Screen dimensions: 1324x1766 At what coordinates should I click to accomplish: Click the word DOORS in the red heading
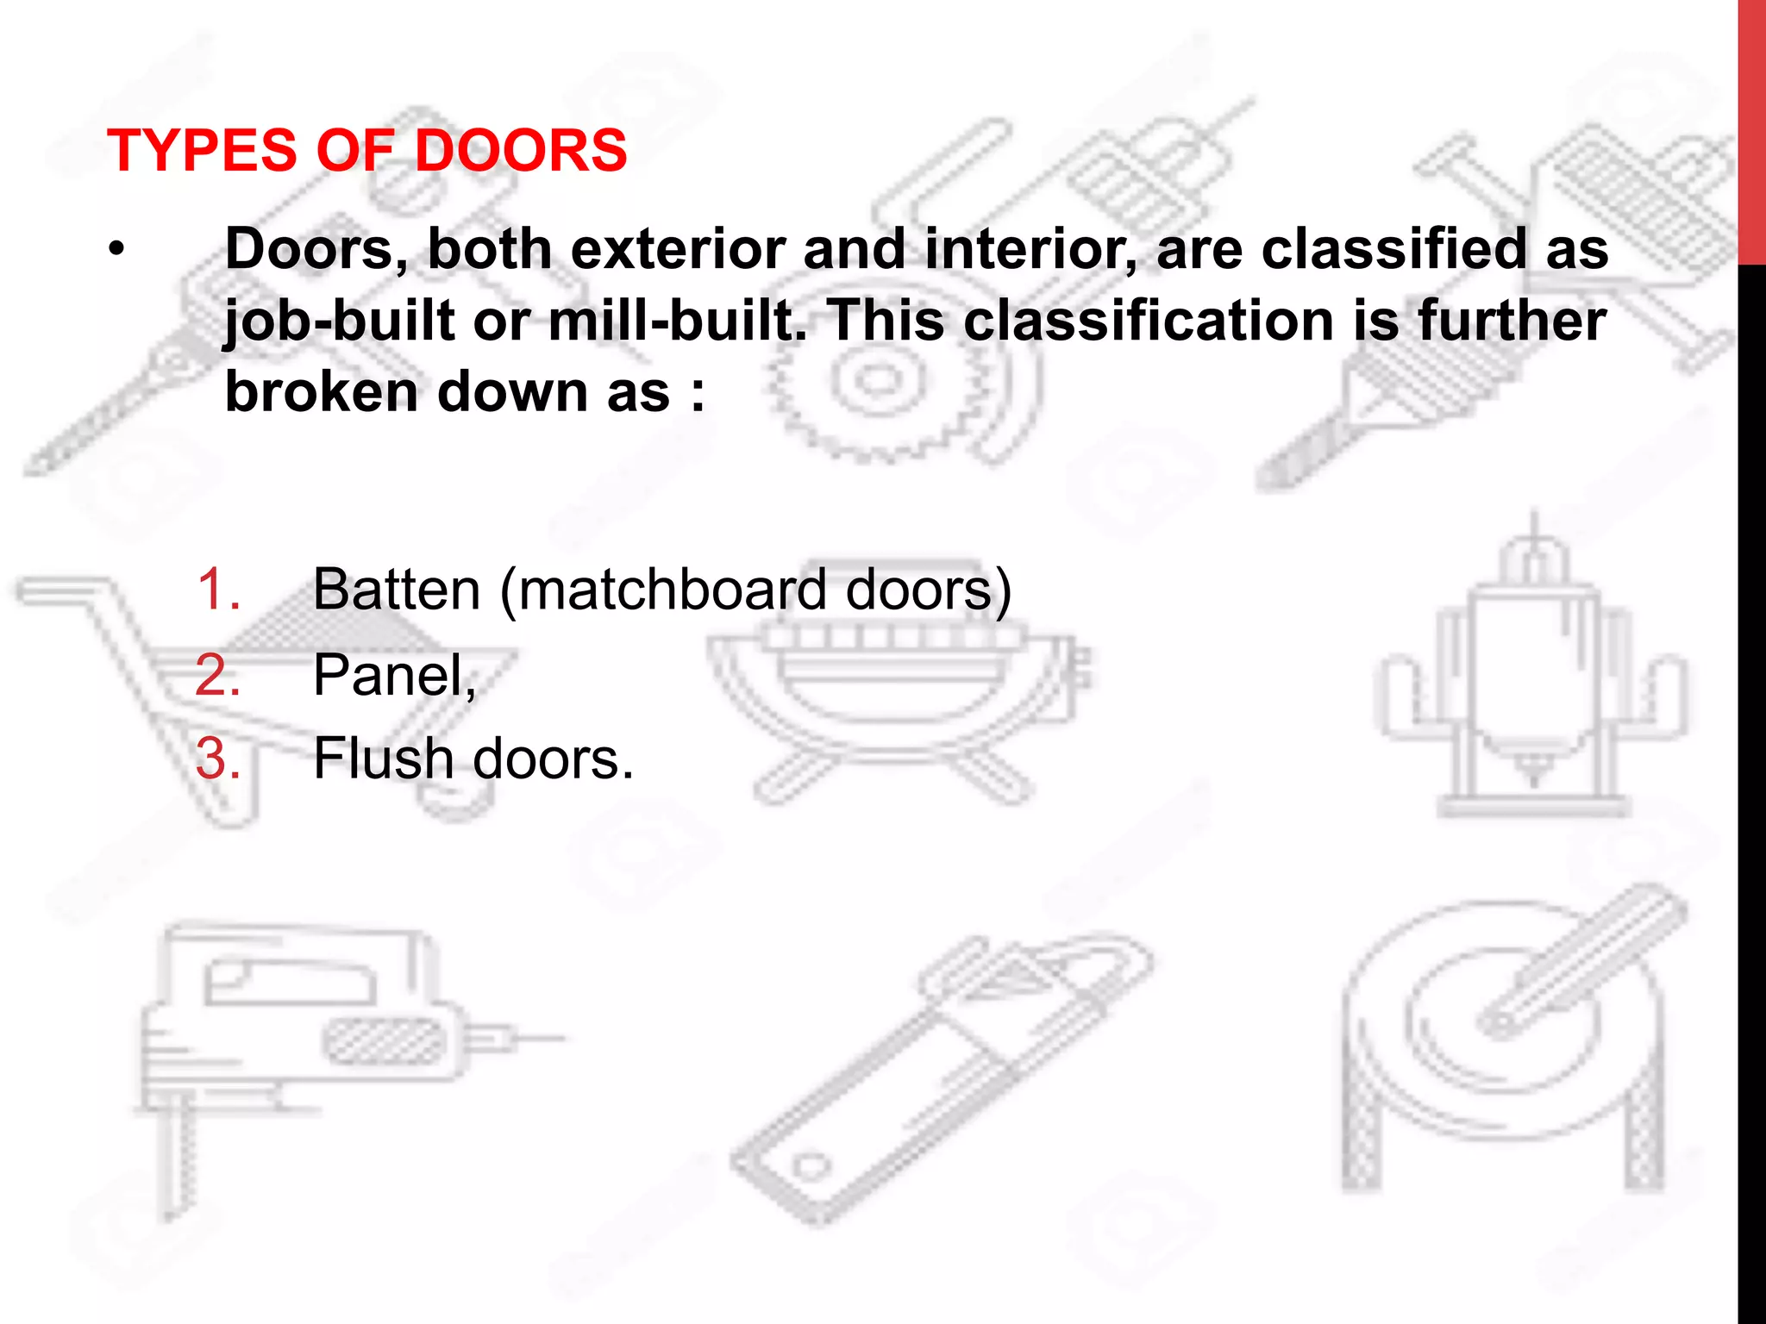[521, 151]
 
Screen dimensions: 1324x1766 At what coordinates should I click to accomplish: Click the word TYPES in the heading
[202, 151]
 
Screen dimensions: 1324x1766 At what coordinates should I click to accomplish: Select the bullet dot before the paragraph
[116, 251]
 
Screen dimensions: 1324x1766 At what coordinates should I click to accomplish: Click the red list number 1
[216, 590]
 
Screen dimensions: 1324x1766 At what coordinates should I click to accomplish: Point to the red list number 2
[216, 675]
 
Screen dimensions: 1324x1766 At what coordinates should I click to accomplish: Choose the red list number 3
[216, 759]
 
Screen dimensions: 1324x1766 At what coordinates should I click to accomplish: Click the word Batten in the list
[396, 590]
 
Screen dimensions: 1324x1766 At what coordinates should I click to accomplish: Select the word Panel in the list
[391, 675]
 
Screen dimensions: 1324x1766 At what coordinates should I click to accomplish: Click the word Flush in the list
[383, 759]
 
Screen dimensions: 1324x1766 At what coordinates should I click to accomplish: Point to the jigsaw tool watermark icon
[302, 1034]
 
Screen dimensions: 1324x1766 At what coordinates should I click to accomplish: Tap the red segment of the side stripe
[1751, 129]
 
